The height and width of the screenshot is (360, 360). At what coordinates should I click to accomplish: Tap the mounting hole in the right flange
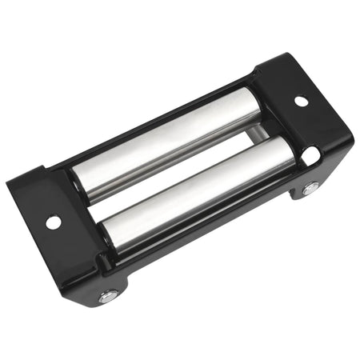pos(301,102)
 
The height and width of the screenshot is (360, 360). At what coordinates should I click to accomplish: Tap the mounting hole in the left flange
pos(53,222)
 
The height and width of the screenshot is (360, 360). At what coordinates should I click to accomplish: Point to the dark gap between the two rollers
pos(180,170)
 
